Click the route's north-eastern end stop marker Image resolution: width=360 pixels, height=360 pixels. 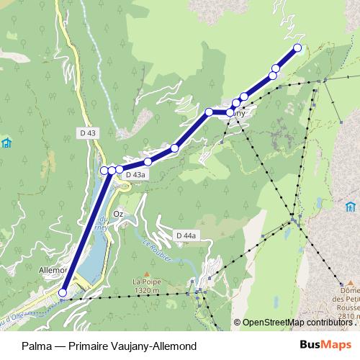pyautogui.click(x=297, y=48)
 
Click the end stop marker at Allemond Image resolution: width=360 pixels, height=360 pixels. pyautogui.click(x=63, y=293)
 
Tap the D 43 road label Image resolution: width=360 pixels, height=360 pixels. pyautogui.click(x=88, y=132)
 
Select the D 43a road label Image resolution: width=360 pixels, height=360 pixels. pyautogui.click(x=135, y=174)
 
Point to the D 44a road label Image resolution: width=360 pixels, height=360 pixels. pyautogui.click(x=186, y=235)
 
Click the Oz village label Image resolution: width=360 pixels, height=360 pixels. pyautogui.click(x=120, y=214)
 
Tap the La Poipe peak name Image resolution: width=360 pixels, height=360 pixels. pyautogui.click(x=145, y=283)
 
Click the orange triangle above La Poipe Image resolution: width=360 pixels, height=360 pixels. pyautogui.click(x=145, y=274)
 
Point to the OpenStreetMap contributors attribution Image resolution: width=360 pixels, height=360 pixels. pyautogui.click(x=295, y=323)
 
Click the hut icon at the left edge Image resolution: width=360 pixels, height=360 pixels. pyautogui.click(x=6, y=142)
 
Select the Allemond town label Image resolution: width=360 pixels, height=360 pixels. pyautogui.click(x=50, y=271)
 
